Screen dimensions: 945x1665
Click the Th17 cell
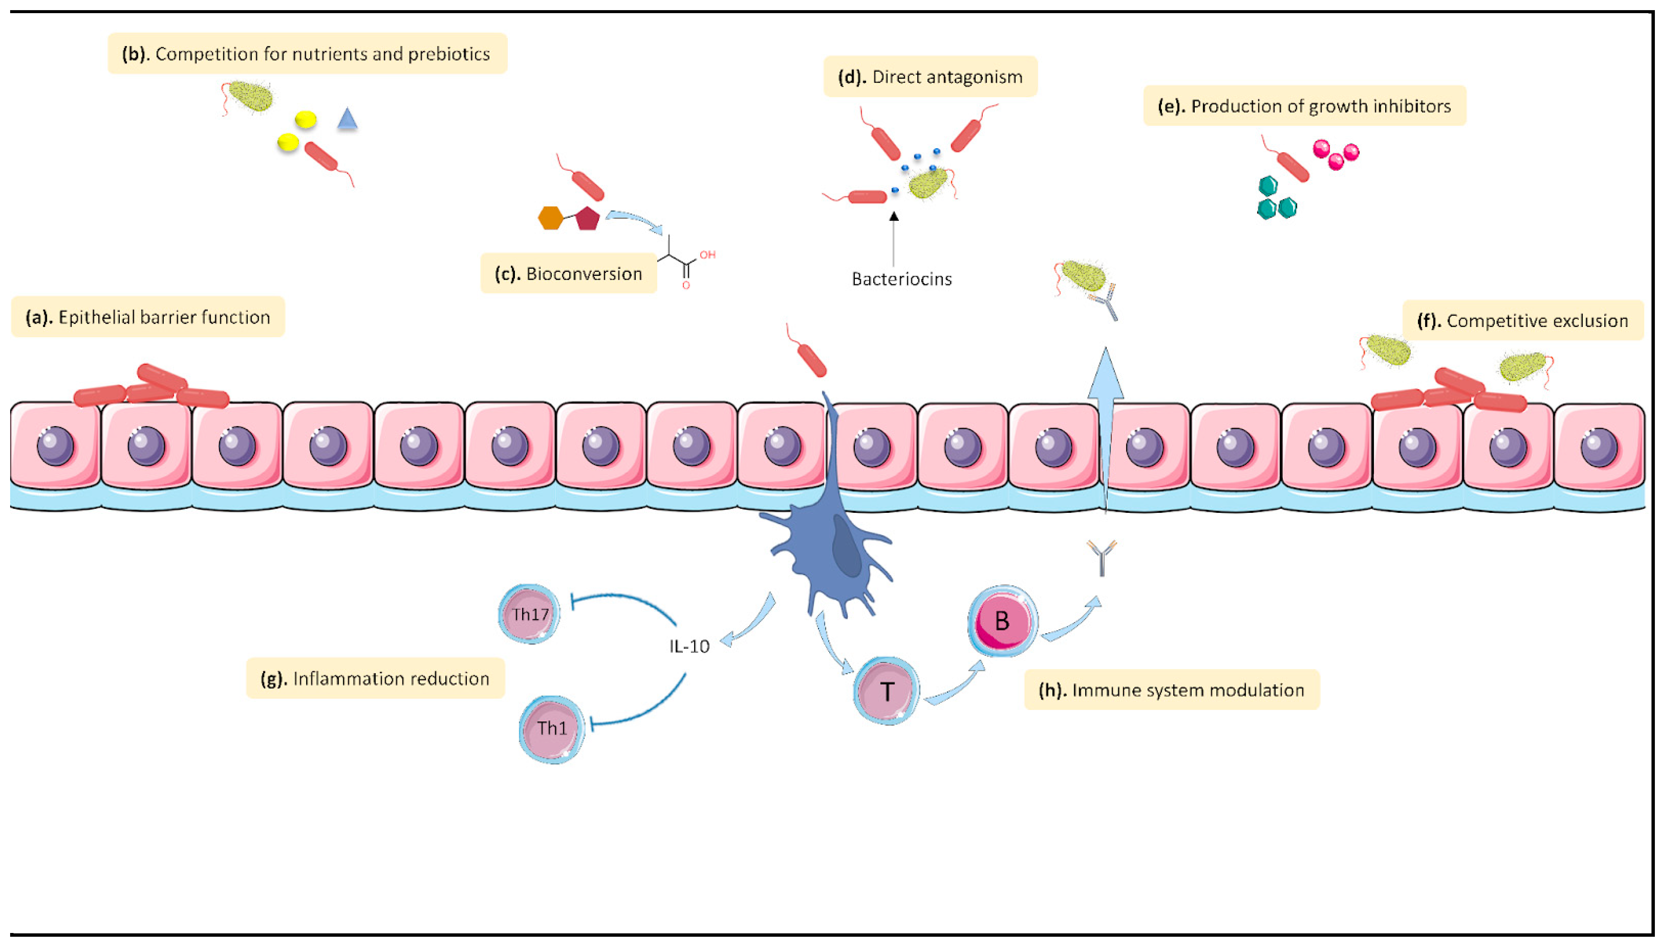(x=529, y=614)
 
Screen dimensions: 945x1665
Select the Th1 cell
(x=552, y=728)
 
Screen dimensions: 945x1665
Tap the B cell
(x=1002, y=621)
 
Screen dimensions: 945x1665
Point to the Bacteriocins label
(x=902, y=279)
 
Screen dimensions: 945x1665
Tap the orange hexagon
(x=551, y=218)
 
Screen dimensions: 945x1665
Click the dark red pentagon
(x=587, y=219)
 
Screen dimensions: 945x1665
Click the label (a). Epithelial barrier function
(x=148, y=317)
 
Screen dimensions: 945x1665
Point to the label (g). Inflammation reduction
(x=375, y=678)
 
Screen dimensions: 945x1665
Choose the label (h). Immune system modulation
(x=1172, y=690)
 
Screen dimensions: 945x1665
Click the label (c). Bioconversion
(x=569, y=274)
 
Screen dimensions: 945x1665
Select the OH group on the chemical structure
(x=708, y=255)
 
